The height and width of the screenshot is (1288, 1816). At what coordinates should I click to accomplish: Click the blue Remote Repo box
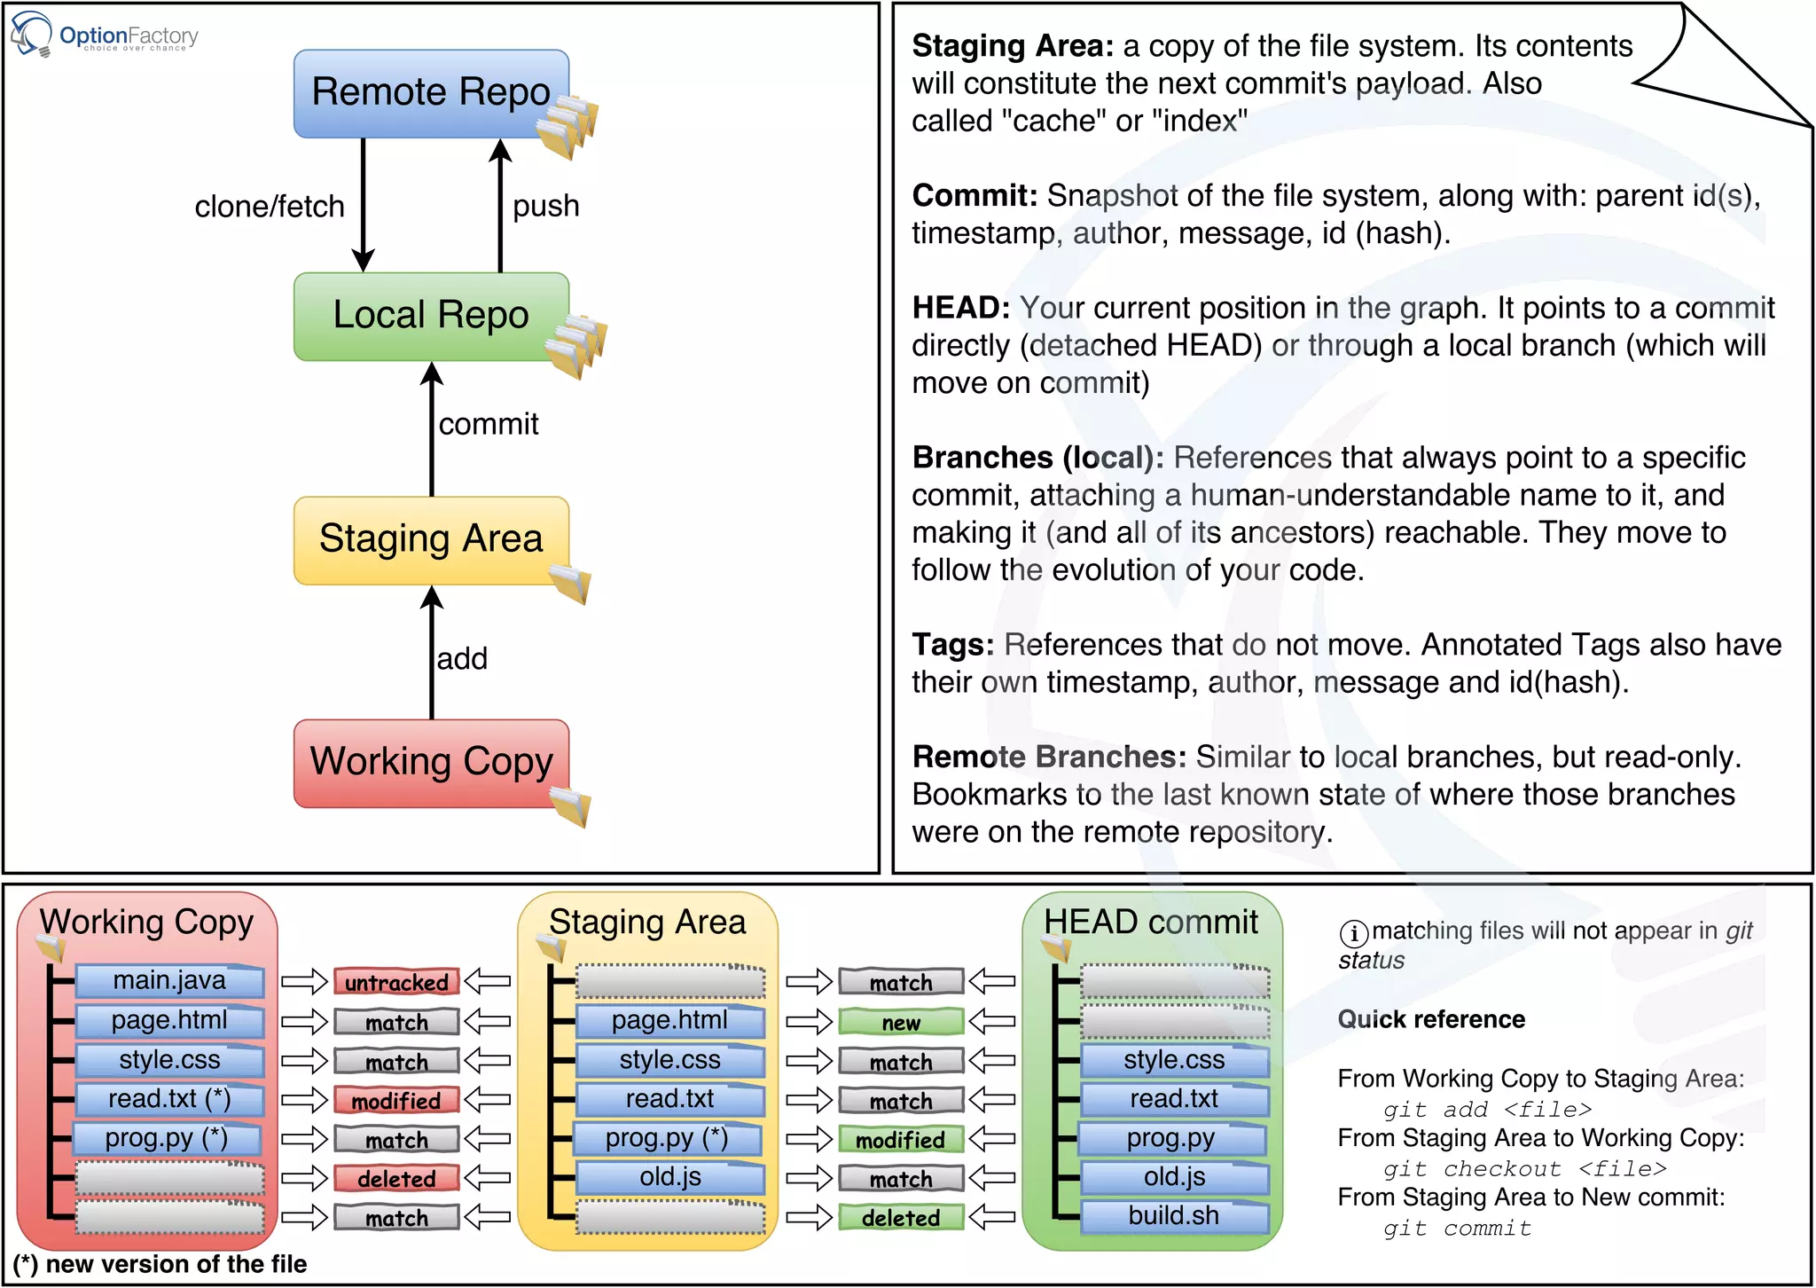431,93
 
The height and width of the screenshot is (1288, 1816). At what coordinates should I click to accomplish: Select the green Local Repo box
431,316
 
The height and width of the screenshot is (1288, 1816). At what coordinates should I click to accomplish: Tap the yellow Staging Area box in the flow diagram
431,539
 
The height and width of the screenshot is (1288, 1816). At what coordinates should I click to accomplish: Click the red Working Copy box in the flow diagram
431,762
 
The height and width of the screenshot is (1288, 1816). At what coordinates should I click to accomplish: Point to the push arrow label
545,206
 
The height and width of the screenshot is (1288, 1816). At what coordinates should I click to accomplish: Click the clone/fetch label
270,207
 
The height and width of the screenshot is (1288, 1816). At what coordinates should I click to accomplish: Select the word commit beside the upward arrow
489,424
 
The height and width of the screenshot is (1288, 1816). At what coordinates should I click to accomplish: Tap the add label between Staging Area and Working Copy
462,658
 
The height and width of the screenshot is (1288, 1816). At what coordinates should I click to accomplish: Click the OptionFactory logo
105,35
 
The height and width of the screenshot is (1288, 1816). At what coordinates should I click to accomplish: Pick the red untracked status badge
396,982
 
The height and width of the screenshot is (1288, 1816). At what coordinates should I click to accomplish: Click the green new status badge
901,1022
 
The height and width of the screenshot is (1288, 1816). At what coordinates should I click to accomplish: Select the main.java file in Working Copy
169,980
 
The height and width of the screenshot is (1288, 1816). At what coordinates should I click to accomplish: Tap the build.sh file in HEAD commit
1173,1215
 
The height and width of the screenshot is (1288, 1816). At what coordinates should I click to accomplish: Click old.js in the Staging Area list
670,1177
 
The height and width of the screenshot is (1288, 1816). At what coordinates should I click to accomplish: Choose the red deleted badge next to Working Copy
396,1179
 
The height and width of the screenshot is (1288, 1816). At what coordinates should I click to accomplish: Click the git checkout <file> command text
1524,1169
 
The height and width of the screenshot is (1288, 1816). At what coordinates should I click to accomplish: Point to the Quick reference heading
1431,1019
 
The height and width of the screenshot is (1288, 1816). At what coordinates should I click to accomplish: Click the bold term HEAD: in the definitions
960,308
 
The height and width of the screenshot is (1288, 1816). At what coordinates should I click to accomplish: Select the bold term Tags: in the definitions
952,645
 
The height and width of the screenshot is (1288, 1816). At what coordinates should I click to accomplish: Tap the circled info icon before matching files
1353,933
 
